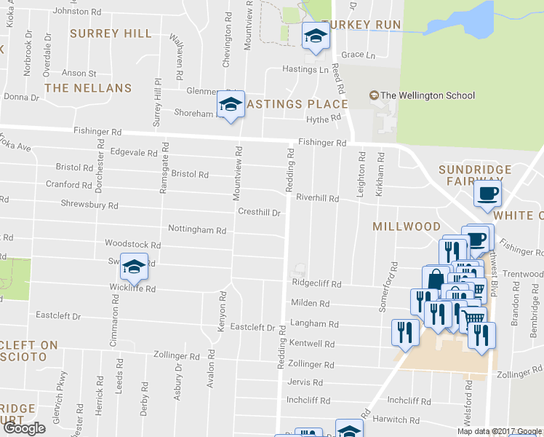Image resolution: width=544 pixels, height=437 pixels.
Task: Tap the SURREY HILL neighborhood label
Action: (111, 34)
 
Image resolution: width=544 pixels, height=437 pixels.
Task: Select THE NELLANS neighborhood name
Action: (88, 88)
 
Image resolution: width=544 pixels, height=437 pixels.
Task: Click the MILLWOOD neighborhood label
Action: (407, 227)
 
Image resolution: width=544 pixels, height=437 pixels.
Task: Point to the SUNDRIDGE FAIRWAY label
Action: (475, 176)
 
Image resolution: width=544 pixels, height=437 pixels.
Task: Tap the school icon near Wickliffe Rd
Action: (135, 267)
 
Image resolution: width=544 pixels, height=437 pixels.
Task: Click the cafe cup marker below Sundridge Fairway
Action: (487, 194)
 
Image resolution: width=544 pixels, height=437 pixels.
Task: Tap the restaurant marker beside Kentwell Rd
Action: (404, 331)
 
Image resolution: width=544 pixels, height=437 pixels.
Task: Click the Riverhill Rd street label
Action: (318, 198)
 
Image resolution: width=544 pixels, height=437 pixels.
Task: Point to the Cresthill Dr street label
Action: (260, 212)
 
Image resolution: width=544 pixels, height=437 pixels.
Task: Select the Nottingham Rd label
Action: (196, 230)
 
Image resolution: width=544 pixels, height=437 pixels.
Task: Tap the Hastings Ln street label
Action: (305, 70)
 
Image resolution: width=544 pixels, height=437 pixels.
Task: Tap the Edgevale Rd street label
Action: (133, 154)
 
